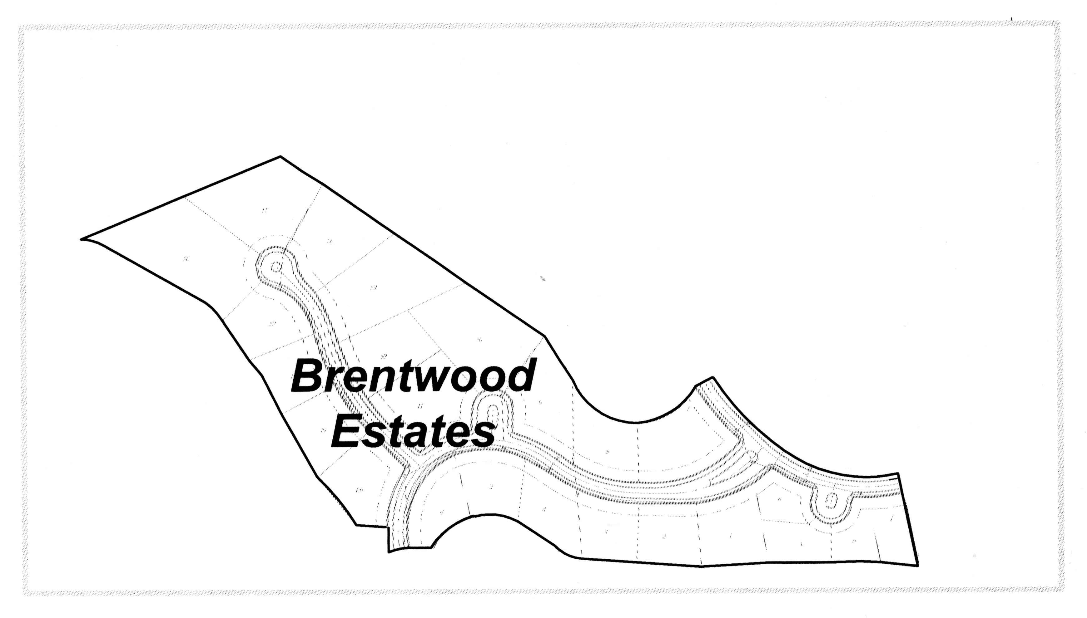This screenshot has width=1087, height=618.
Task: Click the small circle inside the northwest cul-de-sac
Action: pos(276,267)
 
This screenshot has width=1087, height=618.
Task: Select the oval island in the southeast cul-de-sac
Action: pos(831,501)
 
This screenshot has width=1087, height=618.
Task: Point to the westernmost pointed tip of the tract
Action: pos(81,239)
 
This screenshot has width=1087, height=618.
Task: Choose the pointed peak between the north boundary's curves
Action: pos(712,377)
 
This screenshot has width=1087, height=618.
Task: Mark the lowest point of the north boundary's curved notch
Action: pos(635,423)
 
